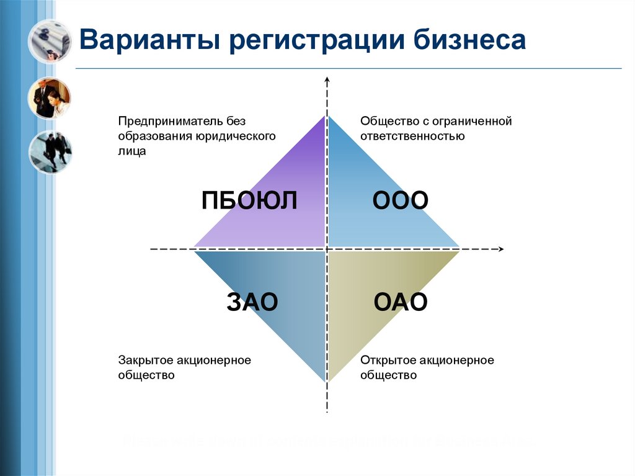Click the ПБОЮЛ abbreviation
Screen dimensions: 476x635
pyautogui.click(x=250, y=201)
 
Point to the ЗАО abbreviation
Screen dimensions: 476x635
pyautogui.click(x=252, y=302)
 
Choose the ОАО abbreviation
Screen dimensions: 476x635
pyautogui.click(x=401, y=302)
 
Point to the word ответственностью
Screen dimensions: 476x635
pyautogui.click(x=412, y=136)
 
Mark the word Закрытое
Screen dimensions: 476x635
pyautogui.click(x=144, y=360)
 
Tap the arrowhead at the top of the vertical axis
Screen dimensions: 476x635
pyautogui.click(x=327, y=80)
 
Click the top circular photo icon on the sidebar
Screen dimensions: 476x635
pyautogui.click(x=50, y=40)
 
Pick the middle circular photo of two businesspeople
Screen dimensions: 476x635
pyautogui.click(x=50, y=97)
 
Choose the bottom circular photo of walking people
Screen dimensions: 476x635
pyautogui.click(x=50, y=152)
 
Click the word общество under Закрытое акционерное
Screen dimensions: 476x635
pyautogui.click(x=146, y=375)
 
